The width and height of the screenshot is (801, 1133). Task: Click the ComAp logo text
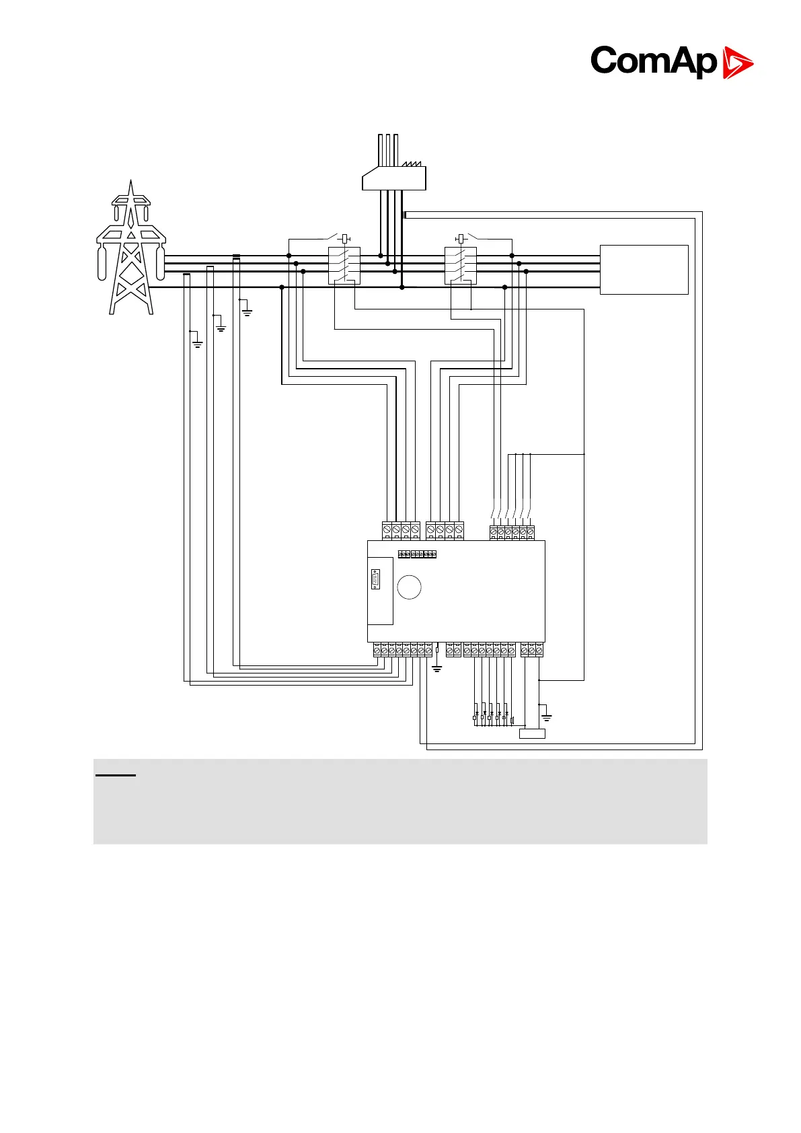click(x=653, y=62)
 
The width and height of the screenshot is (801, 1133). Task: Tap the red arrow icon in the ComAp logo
click(x=738, y=63)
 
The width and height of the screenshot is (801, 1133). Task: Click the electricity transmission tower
click(x=131, y=249)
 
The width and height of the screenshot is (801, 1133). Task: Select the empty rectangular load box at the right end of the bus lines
click(x=644, y=270)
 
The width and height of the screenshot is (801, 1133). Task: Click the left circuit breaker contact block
click(x=344, y=266)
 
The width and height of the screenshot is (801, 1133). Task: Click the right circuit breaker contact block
click(x=461, y=266)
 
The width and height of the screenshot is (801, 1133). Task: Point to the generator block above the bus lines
click(x=394, y=178)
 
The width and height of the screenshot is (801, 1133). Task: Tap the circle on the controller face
click(x=409, y=587)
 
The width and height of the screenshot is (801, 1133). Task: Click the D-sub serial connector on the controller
click(x=375, y=579)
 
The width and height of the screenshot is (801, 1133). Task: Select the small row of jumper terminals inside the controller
click(x=417, y=554)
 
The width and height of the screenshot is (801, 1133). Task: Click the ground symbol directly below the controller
click(x=437, y=669)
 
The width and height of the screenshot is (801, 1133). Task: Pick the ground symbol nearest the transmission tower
click(x=197, y=344)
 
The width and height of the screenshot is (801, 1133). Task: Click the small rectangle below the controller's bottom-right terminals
click(x=532, y=733)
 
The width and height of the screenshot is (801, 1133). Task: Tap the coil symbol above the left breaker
click(x=345, y=238)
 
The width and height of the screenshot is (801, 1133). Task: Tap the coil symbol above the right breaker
click(x=461, y=238)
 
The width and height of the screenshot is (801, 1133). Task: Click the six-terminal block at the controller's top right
click(x=512, y=532)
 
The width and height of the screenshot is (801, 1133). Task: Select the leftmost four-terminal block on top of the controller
click(x=401, y=530)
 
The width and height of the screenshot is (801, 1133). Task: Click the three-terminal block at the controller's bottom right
click(x=532, y=650)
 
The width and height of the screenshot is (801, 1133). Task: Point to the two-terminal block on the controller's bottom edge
click(x=454, y=650)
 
